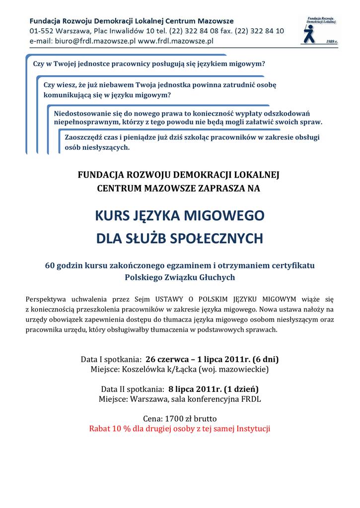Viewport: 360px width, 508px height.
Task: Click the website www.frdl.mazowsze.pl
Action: click(175, 41)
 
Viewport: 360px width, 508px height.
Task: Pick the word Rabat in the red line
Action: click(99, 429)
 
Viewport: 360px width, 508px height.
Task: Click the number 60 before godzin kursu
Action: click(50, 265)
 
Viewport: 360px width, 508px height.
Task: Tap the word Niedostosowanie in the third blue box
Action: click(82, 113)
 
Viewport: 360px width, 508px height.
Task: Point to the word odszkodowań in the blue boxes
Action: click(297, 113)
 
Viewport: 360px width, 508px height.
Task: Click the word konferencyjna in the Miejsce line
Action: click(215, 399)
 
